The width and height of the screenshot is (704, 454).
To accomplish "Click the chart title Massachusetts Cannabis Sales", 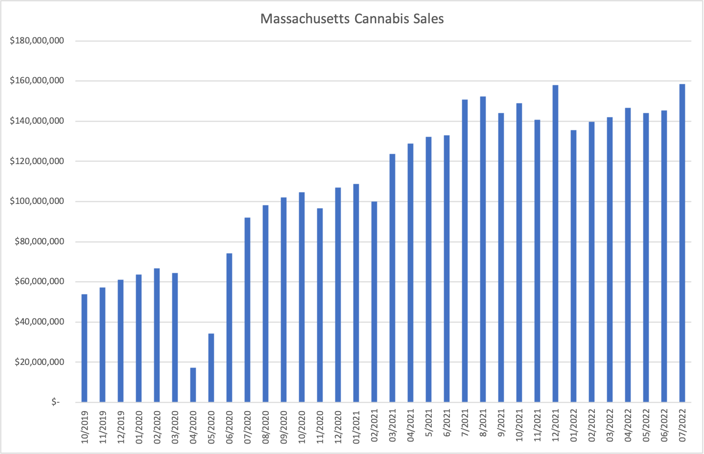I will coord(352,19).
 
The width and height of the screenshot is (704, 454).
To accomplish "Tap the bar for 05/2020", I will coord(211,368).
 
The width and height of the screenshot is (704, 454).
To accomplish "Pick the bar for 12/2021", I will coord(555,243).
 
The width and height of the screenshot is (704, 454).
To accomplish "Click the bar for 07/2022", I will coord(682,243).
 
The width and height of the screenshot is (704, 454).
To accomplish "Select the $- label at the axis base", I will coord(55,402).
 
